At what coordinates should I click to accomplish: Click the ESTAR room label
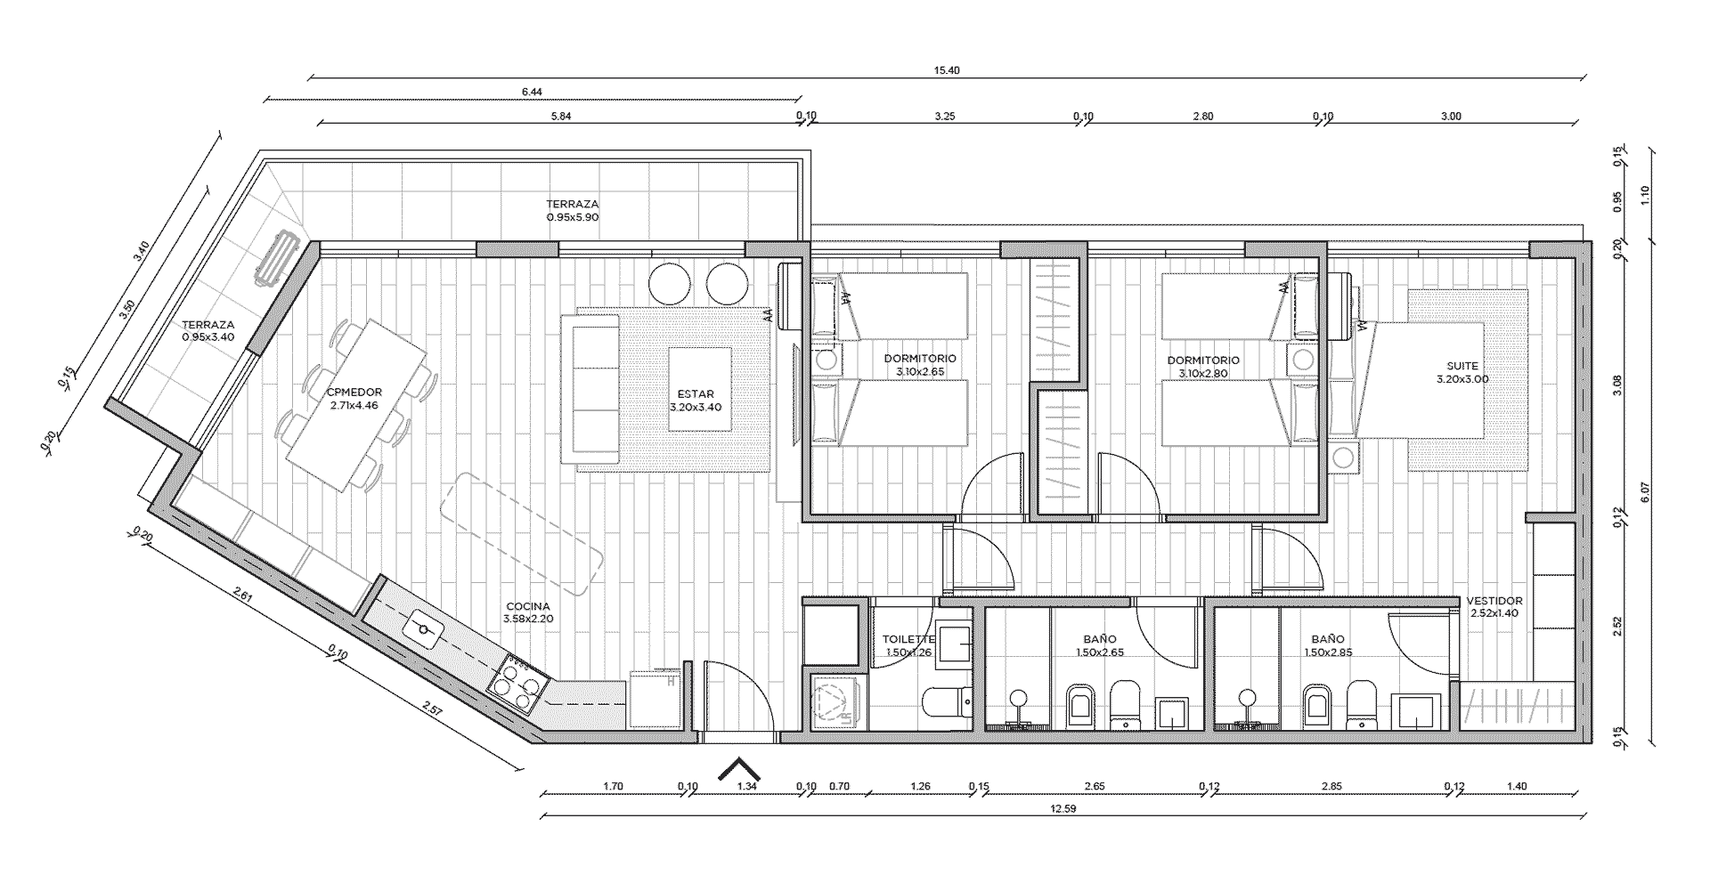[696, 393]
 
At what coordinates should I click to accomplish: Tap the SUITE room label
[1462, 365]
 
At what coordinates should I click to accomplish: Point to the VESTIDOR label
[1494, 601]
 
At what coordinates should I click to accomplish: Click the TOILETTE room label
[908, 639]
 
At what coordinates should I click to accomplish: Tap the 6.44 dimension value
[532, 92]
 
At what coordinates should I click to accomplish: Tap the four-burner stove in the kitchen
[517, 685]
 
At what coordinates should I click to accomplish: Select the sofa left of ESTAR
[590, 389]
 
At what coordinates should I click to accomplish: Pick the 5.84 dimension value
[561, 116]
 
